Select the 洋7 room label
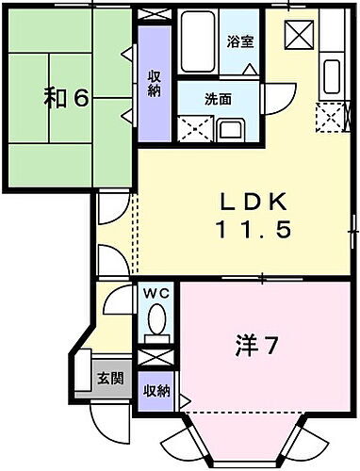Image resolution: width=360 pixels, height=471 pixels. coord(255,346)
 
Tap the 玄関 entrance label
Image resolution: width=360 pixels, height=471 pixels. coord(109,379)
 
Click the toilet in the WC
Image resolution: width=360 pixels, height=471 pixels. coord(155,325)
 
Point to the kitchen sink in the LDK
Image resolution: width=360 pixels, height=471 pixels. coord(332,73)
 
